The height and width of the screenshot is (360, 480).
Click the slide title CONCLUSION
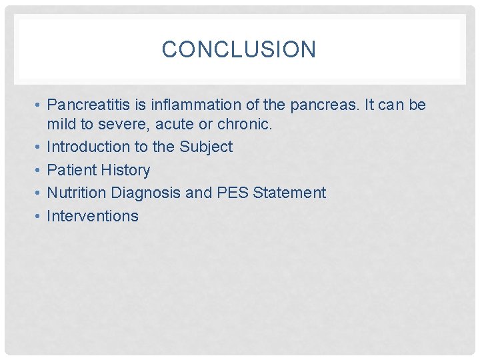point(239,49)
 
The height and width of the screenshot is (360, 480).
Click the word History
point(125,170)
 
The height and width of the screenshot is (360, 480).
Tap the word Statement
point(291,193)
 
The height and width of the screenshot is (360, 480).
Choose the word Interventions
point(93,216)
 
